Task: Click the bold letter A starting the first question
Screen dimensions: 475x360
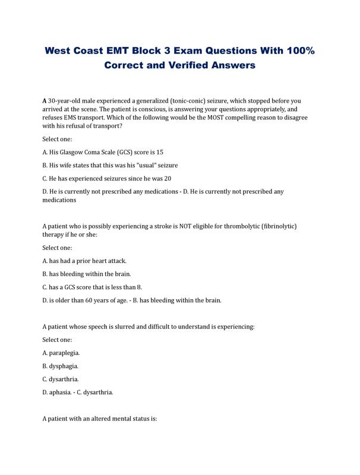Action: [x=45, y=101]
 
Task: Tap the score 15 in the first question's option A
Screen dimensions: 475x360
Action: [x=159, y=152]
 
